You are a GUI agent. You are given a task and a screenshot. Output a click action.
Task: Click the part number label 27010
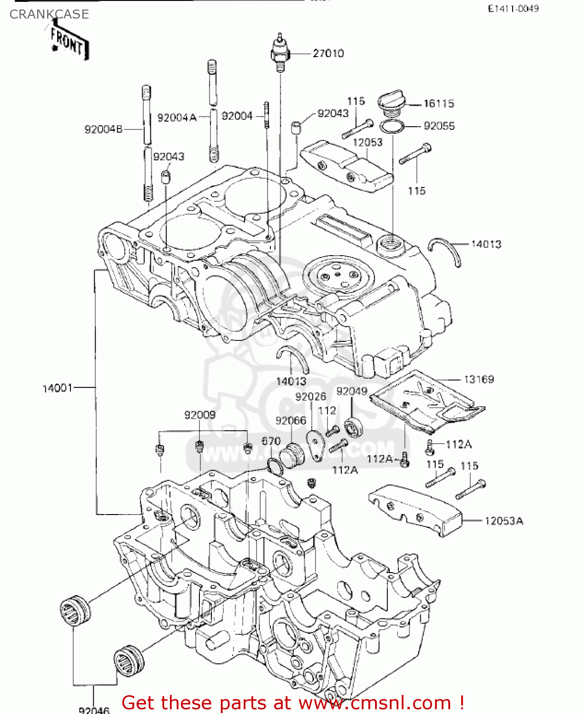click(328, 53)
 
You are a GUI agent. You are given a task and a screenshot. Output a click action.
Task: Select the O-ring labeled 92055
click(392, 127)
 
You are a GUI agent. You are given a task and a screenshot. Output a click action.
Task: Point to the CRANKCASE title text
click(49, 14)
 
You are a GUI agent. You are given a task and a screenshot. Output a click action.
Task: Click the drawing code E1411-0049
click(513, 9)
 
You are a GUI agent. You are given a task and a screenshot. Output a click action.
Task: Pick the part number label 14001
click(58, 388)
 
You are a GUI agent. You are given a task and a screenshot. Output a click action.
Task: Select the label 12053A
click(504, 521)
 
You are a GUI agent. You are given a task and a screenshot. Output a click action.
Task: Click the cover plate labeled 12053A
click(415, 509)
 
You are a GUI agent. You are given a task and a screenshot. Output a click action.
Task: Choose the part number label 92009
click(200, 415)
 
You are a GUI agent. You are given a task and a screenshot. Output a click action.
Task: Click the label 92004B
click(104, 129)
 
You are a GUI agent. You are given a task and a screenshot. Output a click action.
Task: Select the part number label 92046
click(94, 710)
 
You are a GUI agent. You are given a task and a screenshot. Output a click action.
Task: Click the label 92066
click(291, 421)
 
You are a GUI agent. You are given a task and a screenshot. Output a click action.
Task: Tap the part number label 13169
click(479, 379)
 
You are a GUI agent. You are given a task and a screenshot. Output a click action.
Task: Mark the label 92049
click(352, 391)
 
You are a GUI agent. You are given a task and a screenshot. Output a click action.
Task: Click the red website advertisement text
click(293, 703)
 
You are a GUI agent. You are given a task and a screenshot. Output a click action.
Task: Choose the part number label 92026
click(310, 397)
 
